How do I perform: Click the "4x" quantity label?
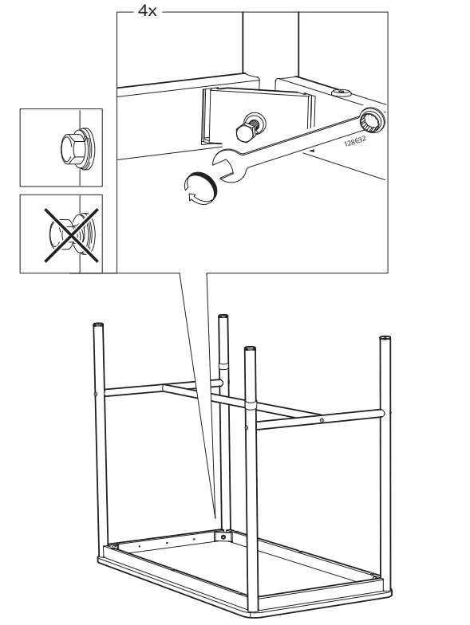[x=148, y=11]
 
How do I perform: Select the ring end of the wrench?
[x=370, y=122]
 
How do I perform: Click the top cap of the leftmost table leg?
[x=99, y=326]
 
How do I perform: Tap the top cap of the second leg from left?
[x=223, y=318]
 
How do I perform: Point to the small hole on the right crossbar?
[x=321, y=419]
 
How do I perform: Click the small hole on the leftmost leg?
[x=96, y=394]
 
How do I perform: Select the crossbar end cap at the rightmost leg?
[x=382, y=413]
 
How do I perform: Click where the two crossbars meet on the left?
[x=165, y=388]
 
